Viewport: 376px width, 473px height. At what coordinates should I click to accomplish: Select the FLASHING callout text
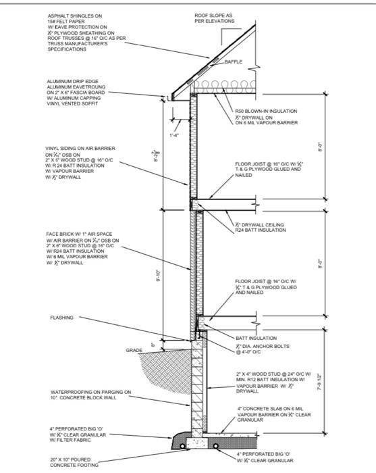(62, 316)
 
